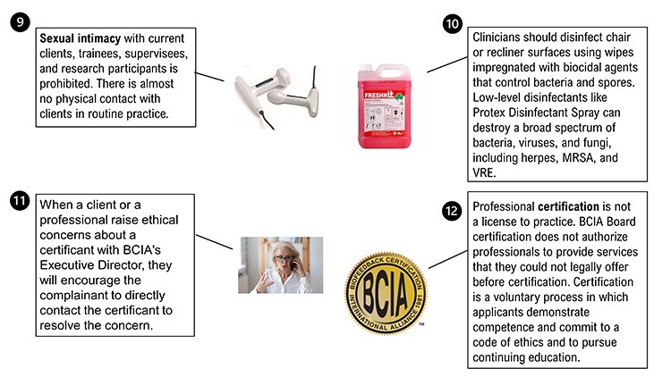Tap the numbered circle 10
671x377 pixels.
click(454, 23)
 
